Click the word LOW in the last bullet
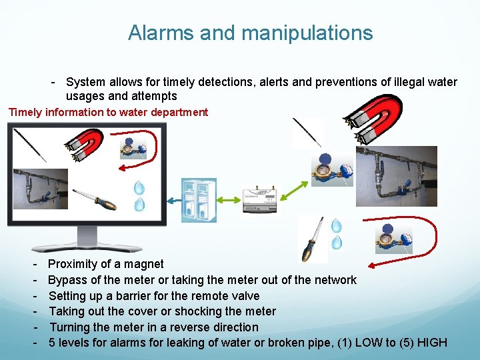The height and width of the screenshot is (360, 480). coord(370,343)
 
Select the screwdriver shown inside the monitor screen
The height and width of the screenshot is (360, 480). coord(95,198)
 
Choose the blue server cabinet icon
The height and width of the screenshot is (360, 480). coord(199,199)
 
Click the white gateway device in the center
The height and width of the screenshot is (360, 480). coord(261,199)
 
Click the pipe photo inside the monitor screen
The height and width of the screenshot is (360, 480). coord(41,189)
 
